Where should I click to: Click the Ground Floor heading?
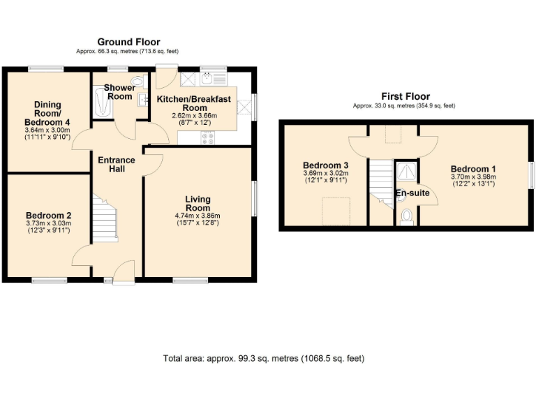[128, 42]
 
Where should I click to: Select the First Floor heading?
[405, 96]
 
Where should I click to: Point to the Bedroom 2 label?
[48, 216]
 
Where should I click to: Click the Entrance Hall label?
[117, 165]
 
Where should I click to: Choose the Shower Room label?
[120, 91]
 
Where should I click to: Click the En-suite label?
[412, 193]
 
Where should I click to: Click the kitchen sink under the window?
[209, 79]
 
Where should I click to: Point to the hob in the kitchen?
[207, 138]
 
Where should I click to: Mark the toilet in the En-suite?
[408, 217]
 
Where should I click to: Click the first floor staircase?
[381, 180]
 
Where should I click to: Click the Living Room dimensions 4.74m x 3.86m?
[198, 216]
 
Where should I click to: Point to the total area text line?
[264, 359]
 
